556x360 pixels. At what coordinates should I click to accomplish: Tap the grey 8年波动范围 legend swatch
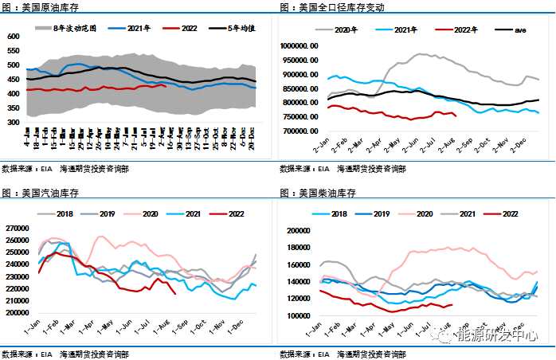(x=44, y=28)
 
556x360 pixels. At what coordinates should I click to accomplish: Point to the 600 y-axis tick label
(x=13, y=37)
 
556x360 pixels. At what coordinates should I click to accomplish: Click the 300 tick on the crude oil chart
(x=13, y=123)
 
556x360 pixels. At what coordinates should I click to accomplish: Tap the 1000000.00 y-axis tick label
(x=300, y=46)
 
